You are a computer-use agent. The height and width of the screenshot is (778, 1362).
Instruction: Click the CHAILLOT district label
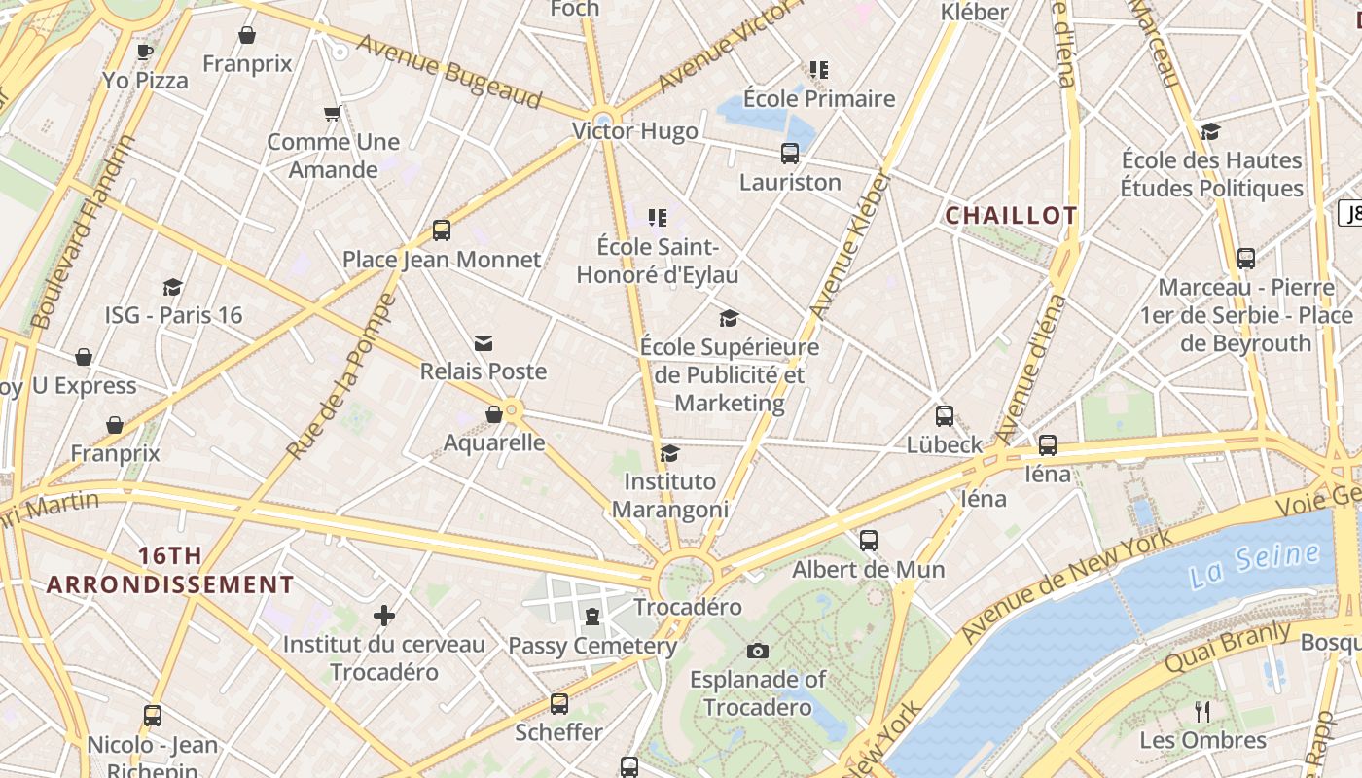point(1011,216)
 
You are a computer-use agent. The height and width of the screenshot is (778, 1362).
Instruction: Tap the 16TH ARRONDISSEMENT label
point(170,570)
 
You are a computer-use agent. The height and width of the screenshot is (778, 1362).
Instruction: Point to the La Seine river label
point(1255,565)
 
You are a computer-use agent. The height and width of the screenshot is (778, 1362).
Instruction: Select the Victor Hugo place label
point(634,131)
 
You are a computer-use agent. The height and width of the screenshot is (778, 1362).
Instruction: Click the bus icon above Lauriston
point(790,154)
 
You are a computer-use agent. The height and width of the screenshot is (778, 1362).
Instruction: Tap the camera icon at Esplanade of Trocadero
point(758,651)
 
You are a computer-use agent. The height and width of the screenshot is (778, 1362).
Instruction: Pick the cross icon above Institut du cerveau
point(384,616)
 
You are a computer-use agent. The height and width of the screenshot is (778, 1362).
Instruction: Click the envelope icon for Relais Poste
point(484,343)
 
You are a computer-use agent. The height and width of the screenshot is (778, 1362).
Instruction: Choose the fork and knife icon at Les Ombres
point(1203,712)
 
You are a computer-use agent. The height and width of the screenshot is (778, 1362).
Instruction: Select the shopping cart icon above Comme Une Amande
point(333,114)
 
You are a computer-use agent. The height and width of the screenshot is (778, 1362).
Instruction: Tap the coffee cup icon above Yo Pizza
point(145,52)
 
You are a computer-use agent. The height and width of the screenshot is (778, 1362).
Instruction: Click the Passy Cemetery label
point(592,646)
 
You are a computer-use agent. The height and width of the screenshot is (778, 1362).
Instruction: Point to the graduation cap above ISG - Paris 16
point(173,287)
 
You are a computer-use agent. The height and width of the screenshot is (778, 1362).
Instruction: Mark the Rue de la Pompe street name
point(341,377)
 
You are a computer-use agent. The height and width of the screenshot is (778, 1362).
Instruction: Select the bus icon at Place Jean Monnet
point(442,230)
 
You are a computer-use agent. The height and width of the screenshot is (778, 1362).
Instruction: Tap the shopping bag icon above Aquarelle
point(494,414)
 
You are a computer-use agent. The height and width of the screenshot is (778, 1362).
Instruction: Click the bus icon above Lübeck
point(945,416)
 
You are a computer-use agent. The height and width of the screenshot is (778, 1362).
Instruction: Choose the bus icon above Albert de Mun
point(869,541)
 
